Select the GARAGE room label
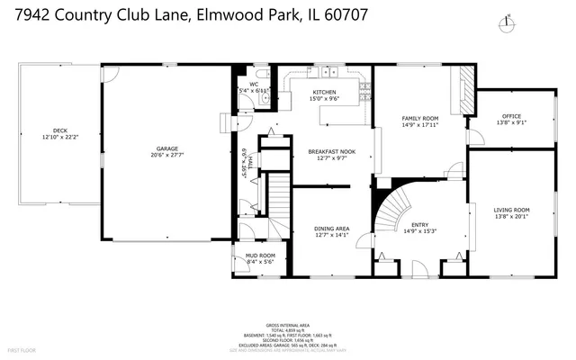coord(167,148)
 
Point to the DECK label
coord(60,130)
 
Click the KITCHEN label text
coord(325,93)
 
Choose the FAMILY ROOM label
coord(420,119)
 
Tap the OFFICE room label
coord(511,116)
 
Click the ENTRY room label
coord(420,225)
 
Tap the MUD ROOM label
coord(260,256)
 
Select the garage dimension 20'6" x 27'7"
coord(167,156)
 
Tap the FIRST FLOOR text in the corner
coord(21,348)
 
